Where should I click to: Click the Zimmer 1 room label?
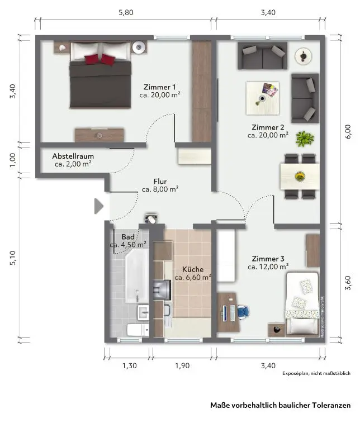click(x=159, y=87)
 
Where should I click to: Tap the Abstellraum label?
click(x=73, y=156)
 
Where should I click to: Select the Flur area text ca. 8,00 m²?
click(x=160, y=189)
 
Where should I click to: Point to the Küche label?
click(x=193, y=269)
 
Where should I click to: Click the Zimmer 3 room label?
click(x=268, y=259)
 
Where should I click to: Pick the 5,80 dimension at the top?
click(x=126, y=12)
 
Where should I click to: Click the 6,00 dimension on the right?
click(x=348, y=132)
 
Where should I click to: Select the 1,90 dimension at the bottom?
click(x=182, y=365)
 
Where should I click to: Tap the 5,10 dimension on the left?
click(x=13, y=258)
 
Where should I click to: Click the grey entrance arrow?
click(x=98, y=206)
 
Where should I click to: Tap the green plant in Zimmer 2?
click(x=305, y=139)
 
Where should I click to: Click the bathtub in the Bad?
click(x=137, y=275)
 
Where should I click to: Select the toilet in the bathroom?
click(x=138, y=330)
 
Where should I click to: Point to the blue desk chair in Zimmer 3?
click(x=243, y=311)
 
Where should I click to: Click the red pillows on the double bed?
click(x=100, y=59)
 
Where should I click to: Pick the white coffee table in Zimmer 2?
click(x=262, y=98)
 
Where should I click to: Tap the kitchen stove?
click(x=162, y=289)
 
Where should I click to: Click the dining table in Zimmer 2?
click(x=300, y=177)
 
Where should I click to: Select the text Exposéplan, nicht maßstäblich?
click(x=316, y=373)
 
